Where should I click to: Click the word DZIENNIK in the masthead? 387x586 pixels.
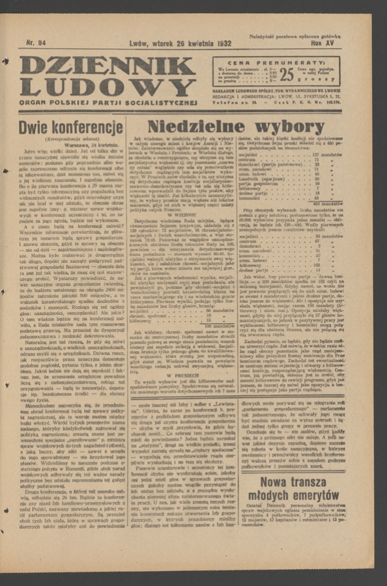click(107, 66)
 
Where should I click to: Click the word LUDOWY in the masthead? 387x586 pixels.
click(107, 87)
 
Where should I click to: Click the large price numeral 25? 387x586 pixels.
click(287, 74)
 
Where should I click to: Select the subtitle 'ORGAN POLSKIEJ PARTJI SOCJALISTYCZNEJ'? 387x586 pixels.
click(107, 102)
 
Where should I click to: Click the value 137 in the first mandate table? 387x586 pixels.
click(316, 154)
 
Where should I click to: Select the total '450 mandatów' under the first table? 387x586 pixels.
click(326, 203)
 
